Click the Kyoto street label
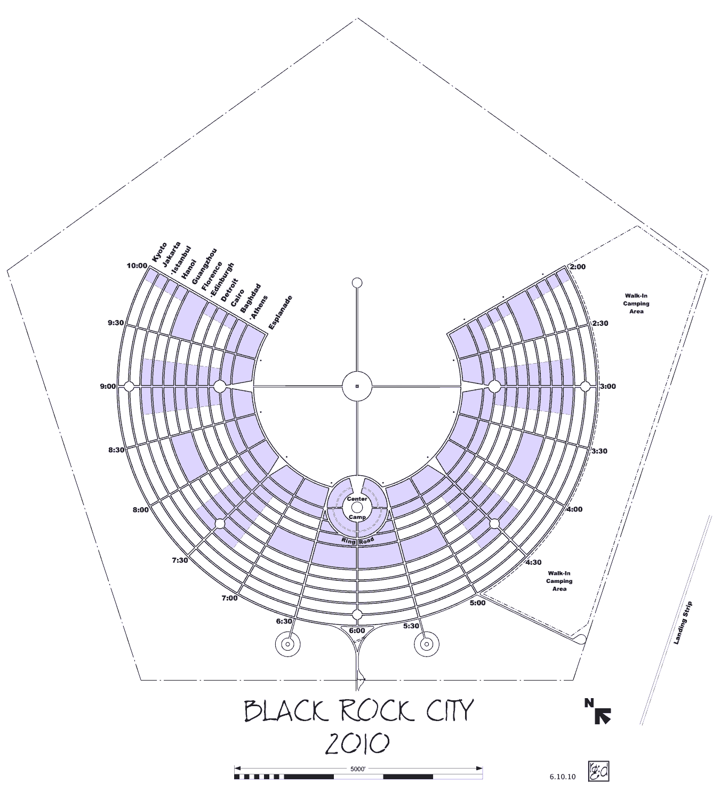pyautogui.click(x=159, y=252)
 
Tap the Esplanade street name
pyautogui.click(x=281, y=312)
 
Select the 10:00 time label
pyautogui.click(x=137, y=266)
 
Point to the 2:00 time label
pyautogui.click(x=578, y=267)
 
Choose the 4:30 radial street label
pyautogui.click(x=533, y=562)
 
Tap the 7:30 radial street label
pyautogui.click(x=180, y=560)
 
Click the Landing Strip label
pyautogui.click(x=683, y=623)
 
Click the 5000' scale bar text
pyautogui.click(x=358, y=770)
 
